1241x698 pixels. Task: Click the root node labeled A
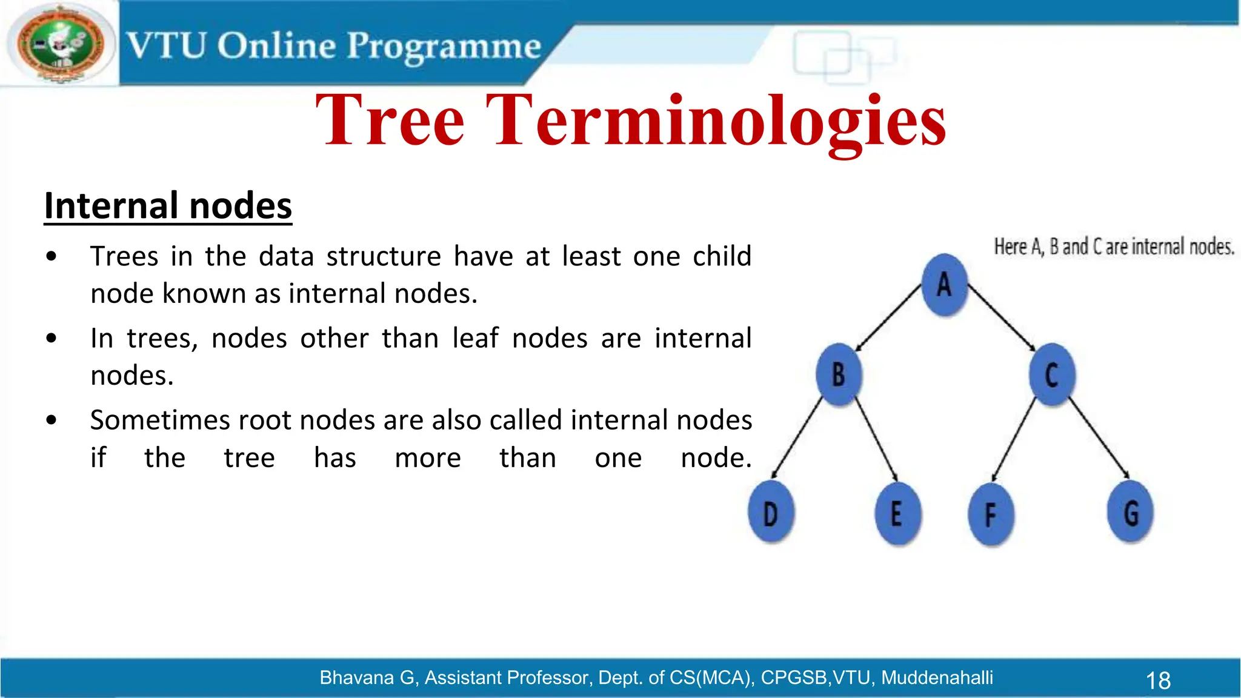[x=944, y=285]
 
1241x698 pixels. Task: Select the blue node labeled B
[x=838, y=374]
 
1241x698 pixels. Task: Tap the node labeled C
[x=1052, y=374]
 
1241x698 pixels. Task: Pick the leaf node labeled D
[x=771, y=514]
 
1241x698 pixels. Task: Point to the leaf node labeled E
[x=897, y=514]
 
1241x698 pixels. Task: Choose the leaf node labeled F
[x=990, y=515]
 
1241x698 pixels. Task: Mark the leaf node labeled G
[x=1130, y=513]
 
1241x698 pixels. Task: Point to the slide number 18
[x=1158, y=680]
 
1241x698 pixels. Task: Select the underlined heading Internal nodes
[x=168, y=206]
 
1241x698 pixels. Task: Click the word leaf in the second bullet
[x=475, y=338]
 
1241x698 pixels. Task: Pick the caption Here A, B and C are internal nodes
[x=1114, y=247]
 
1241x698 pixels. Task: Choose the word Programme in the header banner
[x=444, y=46]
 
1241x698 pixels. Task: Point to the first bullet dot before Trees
[x=52, y=256]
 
